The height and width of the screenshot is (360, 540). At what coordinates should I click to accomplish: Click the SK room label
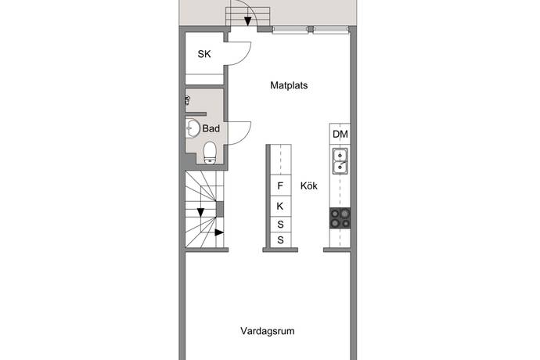click(204, 54)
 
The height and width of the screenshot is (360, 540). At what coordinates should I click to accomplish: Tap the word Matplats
click(289, 85)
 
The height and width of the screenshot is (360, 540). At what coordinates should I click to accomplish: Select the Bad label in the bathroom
click(211, 128)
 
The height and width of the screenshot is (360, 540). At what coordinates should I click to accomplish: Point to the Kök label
click(308, 185)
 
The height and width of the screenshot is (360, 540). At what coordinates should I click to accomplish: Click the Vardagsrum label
click(267, 331)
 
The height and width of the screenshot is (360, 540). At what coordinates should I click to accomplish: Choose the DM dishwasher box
click(340, 134)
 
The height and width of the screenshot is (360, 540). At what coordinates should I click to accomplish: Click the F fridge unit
click(280, 185)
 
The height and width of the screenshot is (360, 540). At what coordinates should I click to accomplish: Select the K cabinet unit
click(280, 206)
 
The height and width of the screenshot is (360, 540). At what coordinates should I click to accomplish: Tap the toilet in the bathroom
click(210, 153)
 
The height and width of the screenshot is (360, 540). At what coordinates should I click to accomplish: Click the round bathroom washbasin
click(193, 128)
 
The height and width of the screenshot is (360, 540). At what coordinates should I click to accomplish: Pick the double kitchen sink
click(340, 161)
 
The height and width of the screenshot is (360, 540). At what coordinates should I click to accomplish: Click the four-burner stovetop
click(340, 218)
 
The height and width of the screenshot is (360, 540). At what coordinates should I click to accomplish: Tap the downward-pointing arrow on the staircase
click(200, 212)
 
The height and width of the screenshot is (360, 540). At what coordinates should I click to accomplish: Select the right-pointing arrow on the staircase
click(219, 232)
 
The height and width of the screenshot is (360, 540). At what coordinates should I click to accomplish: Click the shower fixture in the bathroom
click(188, 101)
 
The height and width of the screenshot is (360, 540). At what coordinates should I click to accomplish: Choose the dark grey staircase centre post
click(220, 209)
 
